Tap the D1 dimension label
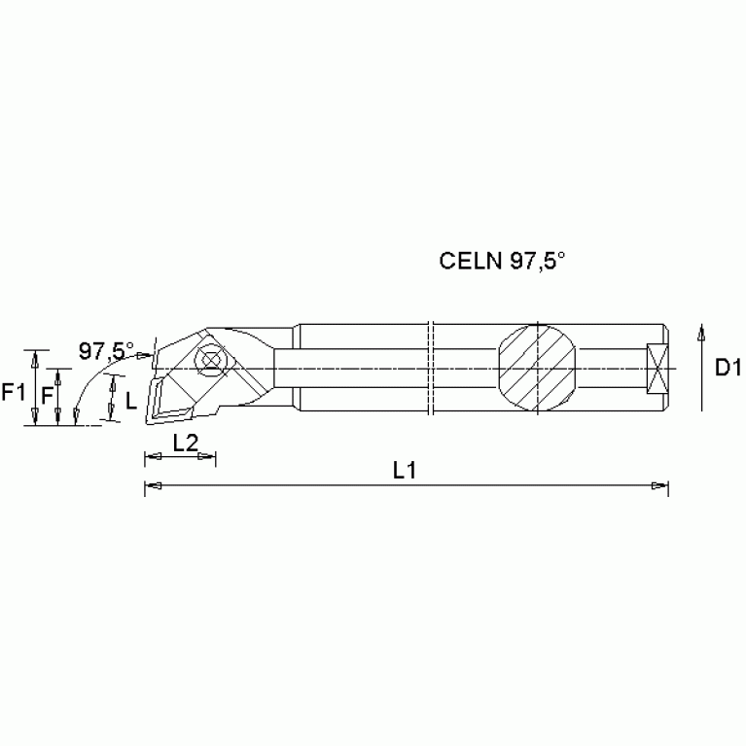[728, 368]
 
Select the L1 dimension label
[405, 470]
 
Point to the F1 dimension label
[14, 392]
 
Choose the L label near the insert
[130, 398]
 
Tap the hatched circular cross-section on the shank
[537, 368]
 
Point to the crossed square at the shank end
[658, 369]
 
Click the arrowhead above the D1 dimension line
[700, 334]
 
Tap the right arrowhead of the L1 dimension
[661, 485]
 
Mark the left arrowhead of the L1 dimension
[151, 485]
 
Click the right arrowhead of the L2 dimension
[209, 457]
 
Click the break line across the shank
[431, 368]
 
